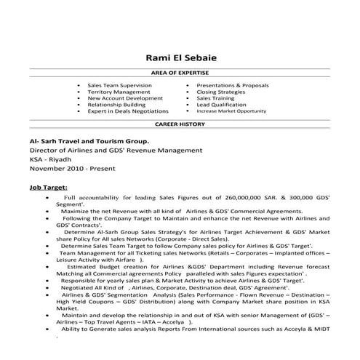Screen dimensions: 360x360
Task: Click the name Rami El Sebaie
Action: click(x=180, y=57)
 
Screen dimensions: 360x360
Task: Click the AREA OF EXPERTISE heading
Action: click(x=180, y=75)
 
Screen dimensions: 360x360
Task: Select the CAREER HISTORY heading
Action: click(x=180, y=124)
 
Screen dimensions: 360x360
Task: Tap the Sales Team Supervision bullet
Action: click(x=119, y=85)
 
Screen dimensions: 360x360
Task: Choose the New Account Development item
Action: click(x=120, y=99)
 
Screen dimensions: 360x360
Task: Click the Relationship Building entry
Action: click(x=116, y=105)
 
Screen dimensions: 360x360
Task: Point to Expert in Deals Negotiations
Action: click(x=127, y=112)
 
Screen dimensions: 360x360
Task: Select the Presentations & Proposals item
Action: click(x=232, y=85)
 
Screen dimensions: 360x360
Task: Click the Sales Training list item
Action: click(x=215, y=99)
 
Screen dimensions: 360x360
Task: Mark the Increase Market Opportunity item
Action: click(x=231, y=112)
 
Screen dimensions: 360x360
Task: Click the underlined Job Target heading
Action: click(x=49, y=187)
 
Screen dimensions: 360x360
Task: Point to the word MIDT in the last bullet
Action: click(x=320, y=329)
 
